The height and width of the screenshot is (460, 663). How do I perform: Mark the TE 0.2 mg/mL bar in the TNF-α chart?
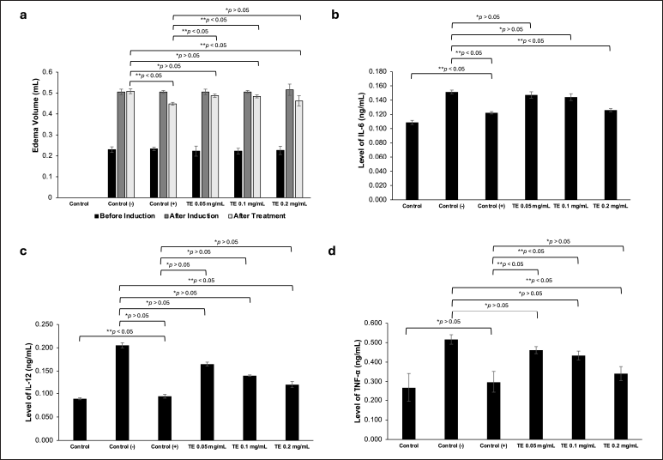pos(622,406)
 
